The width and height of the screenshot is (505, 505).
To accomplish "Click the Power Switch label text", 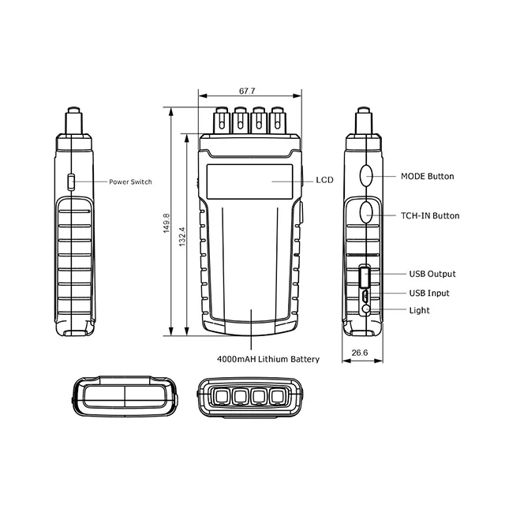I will [130, 181].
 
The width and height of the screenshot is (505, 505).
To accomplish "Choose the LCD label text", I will [324, 180].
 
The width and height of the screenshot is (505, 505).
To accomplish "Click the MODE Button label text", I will [427, 176].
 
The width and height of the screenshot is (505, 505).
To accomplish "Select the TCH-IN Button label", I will [430, 215].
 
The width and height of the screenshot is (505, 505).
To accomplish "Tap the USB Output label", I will [432, 274].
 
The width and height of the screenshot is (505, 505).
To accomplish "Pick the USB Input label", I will [428, 293].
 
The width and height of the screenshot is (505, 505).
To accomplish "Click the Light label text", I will [419, 310].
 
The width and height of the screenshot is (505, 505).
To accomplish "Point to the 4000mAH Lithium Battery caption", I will [268, 359].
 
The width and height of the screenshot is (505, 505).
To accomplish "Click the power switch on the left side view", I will [70, 182].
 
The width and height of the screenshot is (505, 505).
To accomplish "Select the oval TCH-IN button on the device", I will [368, 213].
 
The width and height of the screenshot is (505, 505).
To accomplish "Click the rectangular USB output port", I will [365, 278].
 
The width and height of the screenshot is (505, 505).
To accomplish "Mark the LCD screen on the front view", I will [250, 181].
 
